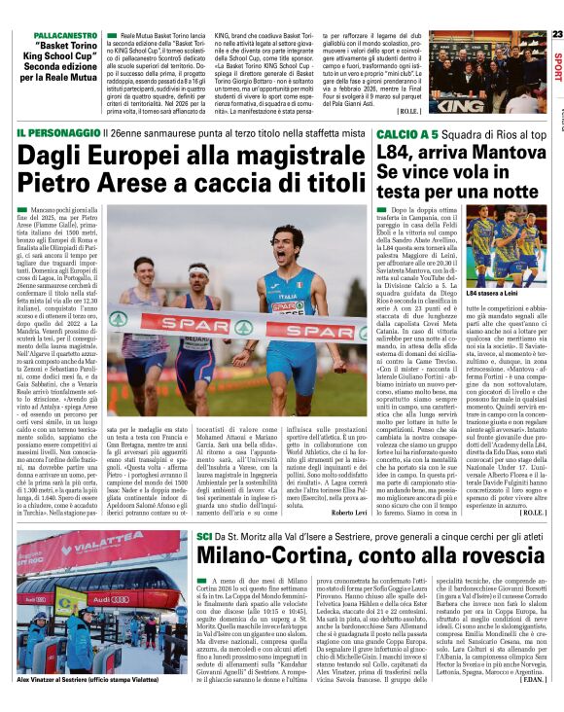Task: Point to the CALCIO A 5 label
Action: click(396, 131)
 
